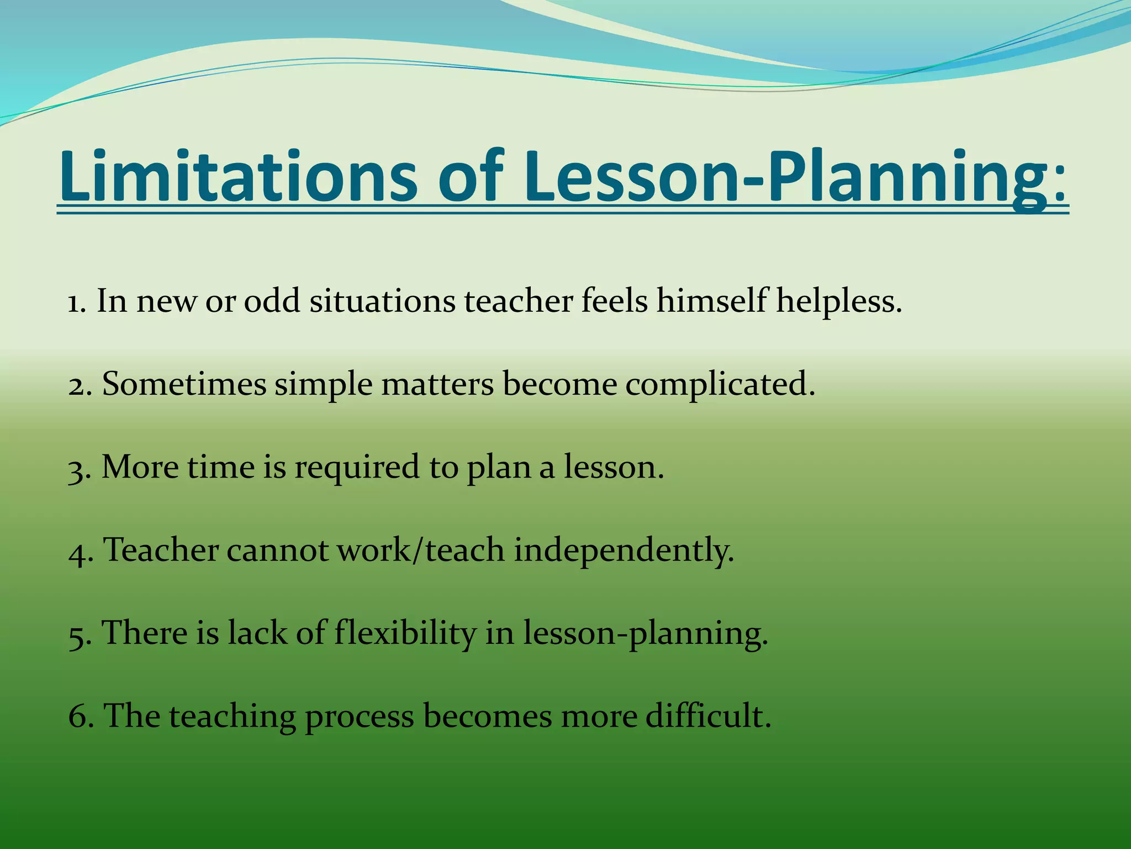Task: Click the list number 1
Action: coord(76,303)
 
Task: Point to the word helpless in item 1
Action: coord(839,302)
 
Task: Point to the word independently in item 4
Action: coord(624,552)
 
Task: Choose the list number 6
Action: coord(77,716)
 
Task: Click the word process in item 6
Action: coord(359,717)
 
